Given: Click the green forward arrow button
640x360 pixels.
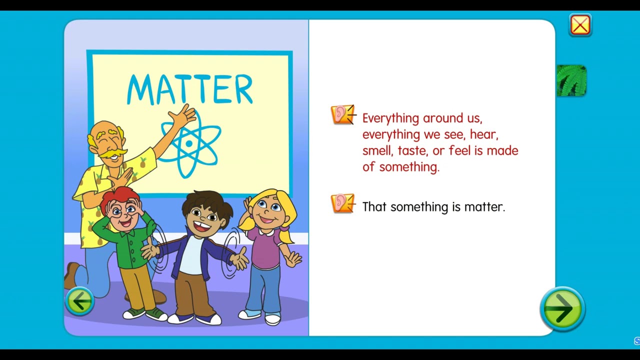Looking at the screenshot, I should pos(562,308).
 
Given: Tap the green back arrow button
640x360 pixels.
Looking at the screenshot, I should pos(79,301).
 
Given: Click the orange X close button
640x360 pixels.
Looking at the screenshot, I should pos(580,25).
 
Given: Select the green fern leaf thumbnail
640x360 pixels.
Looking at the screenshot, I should pos(571,80).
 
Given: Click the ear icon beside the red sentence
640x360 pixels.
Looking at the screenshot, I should pos(342,114).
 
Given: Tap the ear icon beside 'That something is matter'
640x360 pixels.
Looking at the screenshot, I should pos(342,204).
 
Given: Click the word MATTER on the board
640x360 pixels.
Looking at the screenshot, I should pos(189,89).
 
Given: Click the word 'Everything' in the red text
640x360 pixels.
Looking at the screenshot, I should pos(390,118).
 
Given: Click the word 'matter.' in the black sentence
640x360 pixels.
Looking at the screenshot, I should pos(484,207).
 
